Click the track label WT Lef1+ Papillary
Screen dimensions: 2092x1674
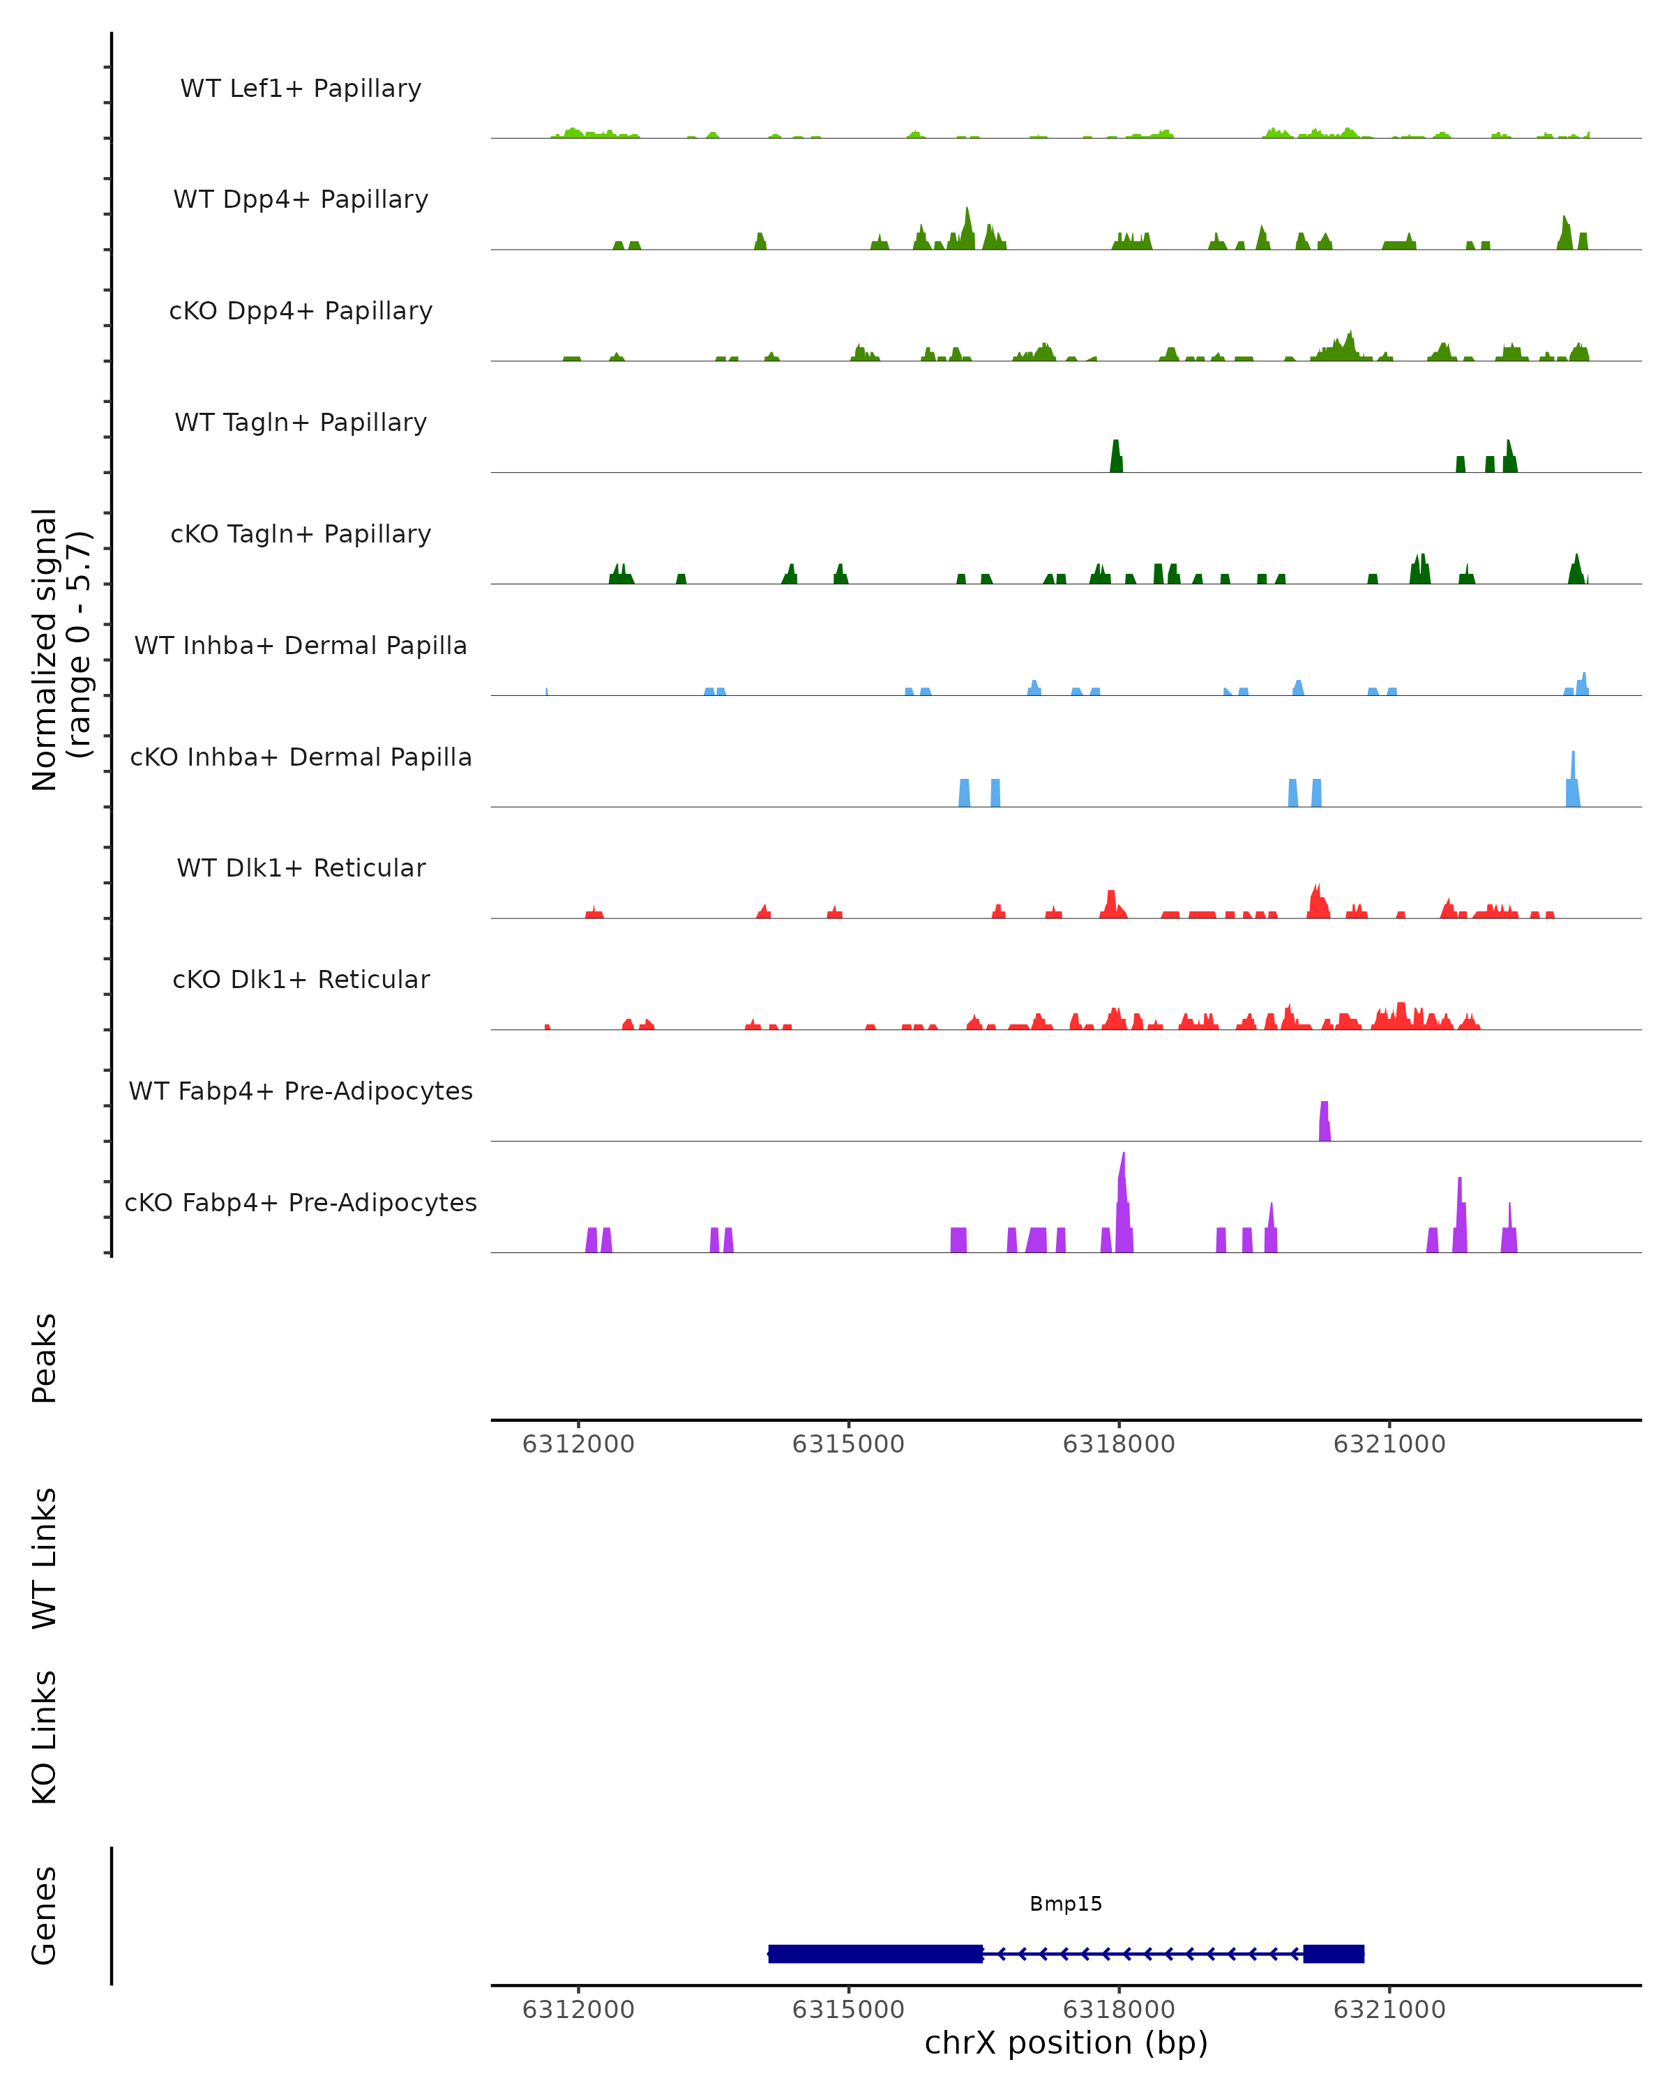301,89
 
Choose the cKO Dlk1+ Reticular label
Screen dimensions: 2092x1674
301,979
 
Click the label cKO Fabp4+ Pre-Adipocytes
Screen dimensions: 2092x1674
301,1202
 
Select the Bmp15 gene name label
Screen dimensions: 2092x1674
1066,1904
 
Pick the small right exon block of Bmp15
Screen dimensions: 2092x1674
1334,1953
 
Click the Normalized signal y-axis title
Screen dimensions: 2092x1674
60,649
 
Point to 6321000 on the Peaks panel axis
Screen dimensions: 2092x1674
1389,1444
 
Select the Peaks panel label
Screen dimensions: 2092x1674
45,1358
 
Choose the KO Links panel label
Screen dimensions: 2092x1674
45,1737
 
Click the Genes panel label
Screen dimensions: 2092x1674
45,1916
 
